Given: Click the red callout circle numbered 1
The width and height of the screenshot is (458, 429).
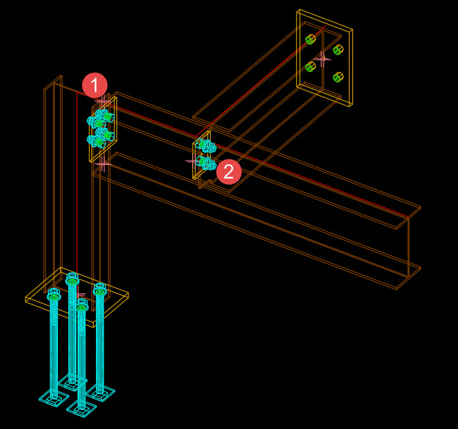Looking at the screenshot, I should (x=95, y=85).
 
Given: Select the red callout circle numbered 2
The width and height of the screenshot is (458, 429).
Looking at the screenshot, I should (x=229, y=172).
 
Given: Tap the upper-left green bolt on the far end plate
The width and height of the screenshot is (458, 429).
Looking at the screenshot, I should (x=310, y=39).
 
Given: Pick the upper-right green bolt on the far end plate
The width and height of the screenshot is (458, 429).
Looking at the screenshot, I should (x=338, y=50).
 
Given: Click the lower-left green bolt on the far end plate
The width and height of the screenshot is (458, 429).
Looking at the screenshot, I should (x=310, y=66).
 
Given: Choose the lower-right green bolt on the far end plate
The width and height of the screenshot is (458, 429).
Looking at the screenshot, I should (x=338, y=77).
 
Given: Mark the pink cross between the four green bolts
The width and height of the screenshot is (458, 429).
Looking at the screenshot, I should (x=323, y=59).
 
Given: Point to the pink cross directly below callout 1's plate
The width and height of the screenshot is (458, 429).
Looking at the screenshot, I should (x=103, y=164).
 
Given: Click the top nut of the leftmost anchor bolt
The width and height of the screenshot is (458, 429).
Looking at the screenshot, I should (x=53, y=295).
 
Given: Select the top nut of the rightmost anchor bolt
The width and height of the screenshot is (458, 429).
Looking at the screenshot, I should (x=100, y=288).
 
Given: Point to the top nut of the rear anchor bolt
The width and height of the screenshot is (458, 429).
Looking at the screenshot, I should (x=72, y=278).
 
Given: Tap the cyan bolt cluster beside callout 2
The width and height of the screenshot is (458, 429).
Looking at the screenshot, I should (x=205, y=154).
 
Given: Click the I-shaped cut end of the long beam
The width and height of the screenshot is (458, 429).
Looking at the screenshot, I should (x=408, y=248).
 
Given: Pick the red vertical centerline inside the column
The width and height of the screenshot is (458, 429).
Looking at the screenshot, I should (x=76, y=191).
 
